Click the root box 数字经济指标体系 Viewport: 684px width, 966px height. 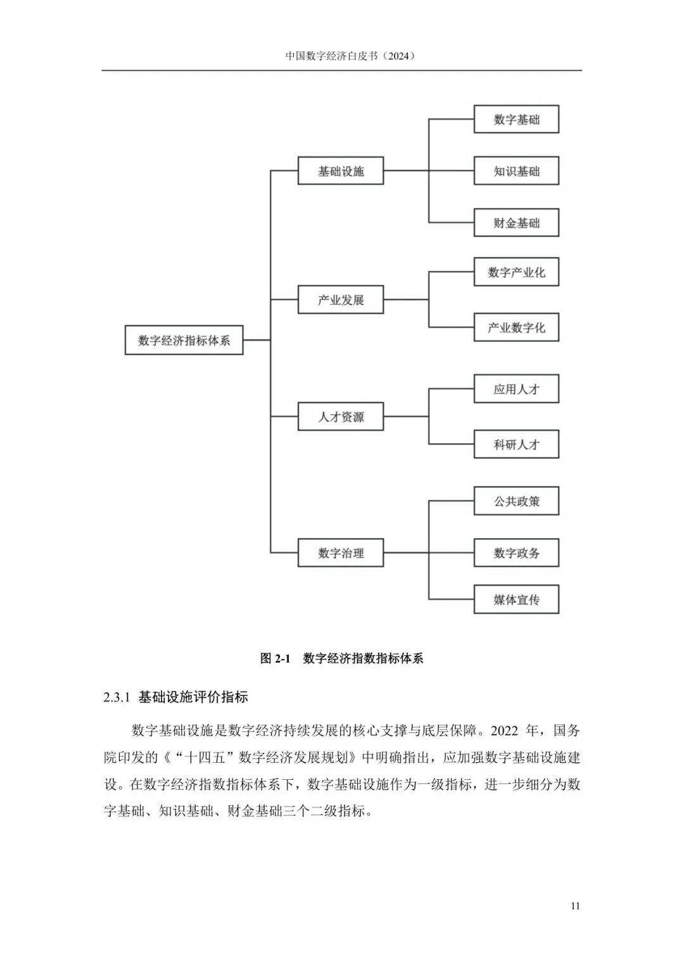[x=184, y=341]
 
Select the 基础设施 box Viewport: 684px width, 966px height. [x=341, y=171]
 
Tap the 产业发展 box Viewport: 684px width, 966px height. [x=341, y=299]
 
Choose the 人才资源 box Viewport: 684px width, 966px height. [x=341, y=417]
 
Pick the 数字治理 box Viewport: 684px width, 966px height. [x=341, y=553]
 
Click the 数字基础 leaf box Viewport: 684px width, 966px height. [x=516, y=120]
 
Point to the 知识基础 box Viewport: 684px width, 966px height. [x=516, y=171]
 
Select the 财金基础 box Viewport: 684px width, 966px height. [x=516, y=223]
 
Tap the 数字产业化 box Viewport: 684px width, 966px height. [x=516, y=272]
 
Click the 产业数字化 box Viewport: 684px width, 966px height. [x=516, y=327]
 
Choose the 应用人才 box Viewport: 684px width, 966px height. [x=516, y=389]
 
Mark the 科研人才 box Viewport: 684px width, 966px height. [x=516, y=444]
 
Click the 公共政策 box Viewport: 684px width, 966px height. [x=516, y=501]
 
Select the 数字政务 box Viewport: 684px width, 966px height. [x=516, y=553]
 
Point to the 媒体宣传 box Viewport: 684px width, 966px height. [x=516, y=599]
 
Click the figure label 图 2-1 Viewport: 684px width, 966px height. [x=275, y=658]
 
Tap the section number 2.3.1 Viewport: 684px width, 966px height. [x=117, y=698]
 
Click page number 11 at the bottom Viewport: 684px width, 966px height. [x=575, y=906]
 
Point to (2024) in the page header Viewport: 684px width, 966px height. [x=400, y=56]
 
